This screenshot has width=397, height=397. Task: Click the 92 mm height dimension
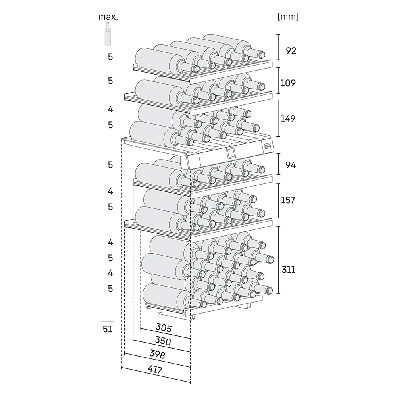click(x=291, y=51)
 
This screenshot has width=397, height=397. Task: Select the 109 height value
click(x=288, y=83)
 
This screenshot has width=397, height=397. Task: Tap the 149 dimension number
click(x=288, y=118)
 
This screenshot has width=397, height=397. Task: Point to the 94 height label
click(x=291, y=165)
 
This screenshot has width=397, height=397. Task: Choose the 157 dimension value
click(x=288, y=200)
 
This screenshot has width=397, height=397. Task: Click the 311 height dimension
click(x=288, y=270)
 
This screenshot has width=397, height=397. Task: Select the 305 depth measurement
click(x=163, y=328)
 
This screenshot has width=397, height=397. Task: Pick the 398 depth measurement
click(x=157, y=355)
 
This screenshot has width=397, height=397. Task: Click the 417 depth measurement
click(x=155, y=370)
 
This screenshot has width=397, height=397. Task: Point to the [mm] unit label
click(x=288, y=17)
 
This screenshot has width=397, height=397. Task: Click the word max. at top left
click(x=108, y=17)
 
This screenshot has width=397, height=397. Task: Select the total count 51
click(x=108, y=329)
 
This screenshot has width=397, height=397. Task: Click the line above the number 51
click(x=108, y=321)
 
